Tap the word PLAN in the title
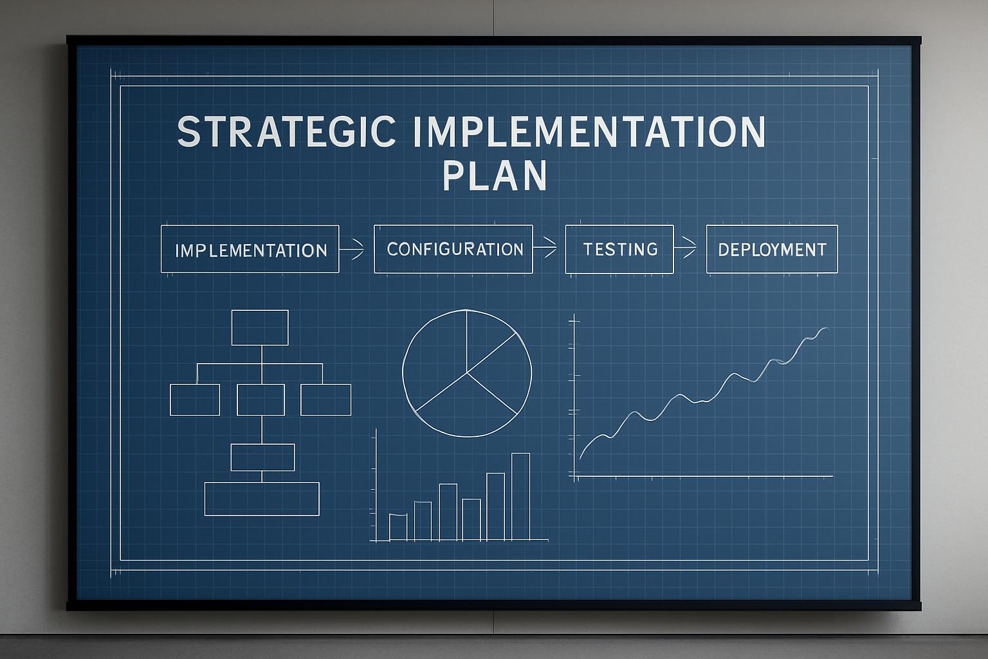(495, 175)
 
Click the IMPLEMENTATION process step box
(250, 250)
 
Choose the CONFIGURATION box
(453, 249)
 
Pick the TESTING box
(619, 249)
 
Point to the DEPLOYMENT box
(772, 249)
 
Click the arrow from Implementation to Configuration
(352, 248)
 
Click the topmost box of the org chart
(260, 328)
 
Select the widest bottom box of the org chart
(262, 499)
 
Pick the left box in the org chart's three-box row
(195, 400)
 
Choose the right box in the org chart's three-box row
(326, 400)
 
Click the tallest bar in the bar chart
(520, 496)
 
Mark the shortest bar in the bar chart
(398, 527)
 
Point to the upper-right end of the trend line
(825, 329)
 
